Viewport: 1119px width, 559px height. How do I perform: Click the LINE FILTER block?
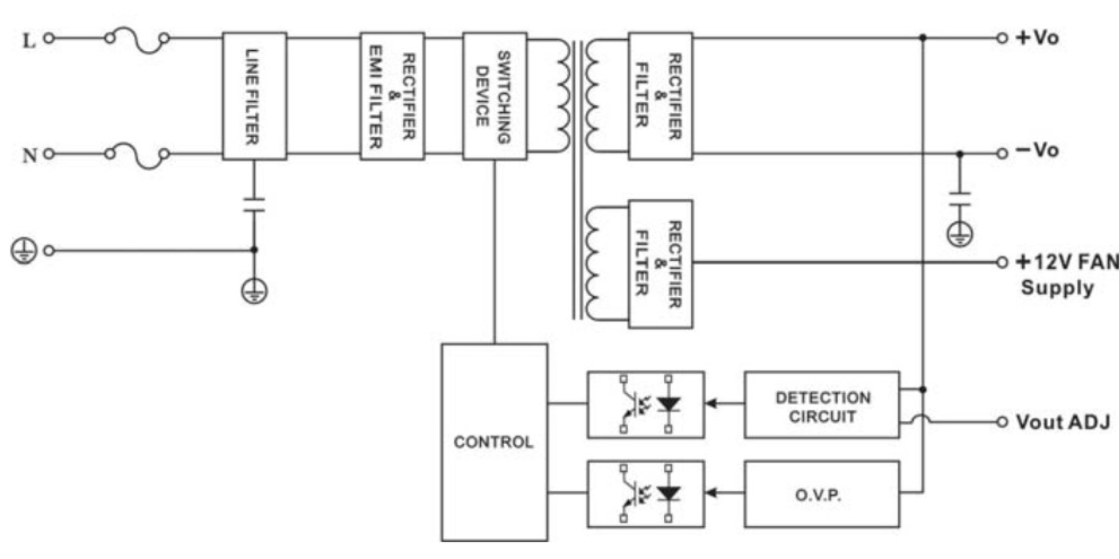(x=254, y=96)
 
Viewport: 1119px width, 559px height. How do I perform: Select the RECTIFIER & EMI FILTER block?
(x=392, y=96)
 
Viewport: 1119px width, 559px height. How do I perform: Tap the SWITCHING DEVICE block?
(x=494, y=96)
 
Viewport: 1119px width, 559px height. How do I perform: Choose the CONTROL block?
(x=494, y=442)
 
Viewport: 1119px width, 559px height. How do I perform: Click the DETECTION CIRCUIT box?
(x=822, y=405)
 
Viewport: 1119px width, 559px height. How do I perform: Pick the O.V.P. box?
(x=822, y=494)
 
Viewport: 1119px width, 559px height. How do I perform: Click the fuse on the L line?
(x=136, y=40)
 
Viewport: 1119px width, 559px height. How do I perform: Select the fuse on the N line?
(x=136, y=155)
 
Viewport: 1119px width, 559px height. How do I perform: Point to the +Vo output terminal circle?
(x=1002, y=38)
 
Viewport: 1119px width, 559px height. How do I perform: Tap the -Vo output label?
(x=1038, y=151)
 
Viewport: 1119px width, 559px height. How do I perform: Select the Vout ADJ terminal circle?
(x=1002, y=422)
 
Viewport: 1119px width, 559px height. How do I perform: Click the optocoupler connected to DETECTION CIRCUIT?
(x=646, y=405)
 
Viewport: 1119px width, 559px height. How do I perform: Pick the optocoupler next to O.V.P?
(x=646, y=494)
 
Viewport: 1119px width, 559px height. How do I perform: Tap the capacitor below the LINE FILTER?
(x=254, y=204)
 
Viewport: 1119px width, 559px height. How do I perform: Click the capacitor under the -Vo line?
(x=960, y=199)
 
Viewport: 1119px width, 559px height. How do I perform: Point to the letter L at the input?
(x=29, y=40)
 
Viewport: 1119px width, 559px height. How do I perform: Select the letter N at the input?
(x=30, y=156)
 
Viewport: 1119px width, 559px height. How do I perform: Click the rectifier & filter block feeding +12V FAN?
(x=660, y=264)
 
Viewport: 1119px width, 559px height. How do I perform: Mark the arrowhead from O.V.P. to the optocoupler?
(x=712, y=493)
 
